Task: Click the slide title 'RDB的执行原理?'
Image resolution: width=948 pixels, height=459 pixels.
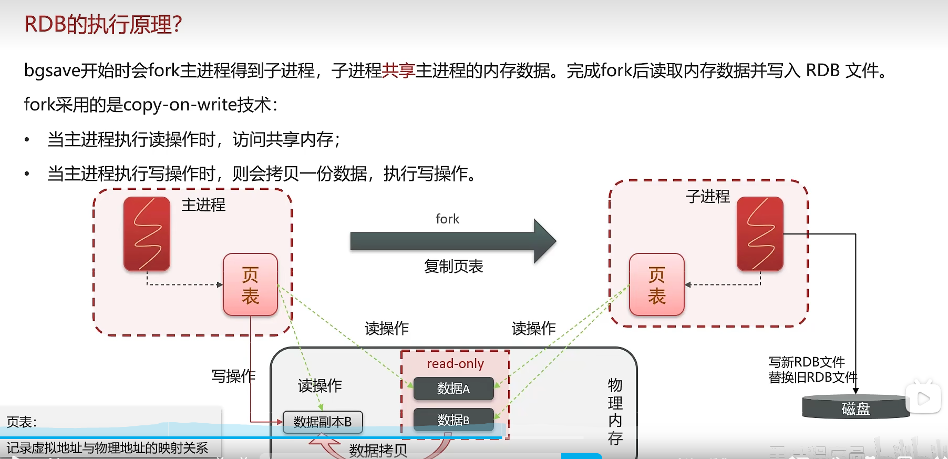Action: pos(103,25)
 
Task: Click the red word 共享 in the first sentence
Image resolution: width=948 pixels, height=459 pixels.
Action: pos(398,70)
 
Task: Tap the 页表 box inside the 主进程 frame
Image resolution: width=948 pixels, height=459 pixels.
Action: pos(250,285)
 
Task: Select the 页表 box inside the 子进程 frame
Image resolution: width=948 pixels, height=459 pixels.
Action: pos(656,285)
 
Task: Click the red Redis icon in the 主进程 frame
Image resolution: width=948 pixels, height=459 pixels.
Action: pos(147,234)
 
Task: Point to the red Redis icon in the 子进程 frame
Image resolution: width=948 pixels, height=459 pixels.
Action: pos(760,234)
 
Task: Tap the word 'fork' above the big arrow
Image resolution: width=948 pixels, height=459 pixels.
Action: pos(447,219)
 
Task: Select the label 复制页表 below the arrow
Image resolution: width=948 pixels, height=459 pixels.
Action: pos(454,267)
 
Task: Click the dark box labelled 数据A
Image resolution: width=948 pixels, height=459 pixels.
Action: pos(454,389)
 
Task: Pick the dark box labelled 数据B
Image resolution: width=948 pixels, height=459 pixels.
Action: pos(454,420)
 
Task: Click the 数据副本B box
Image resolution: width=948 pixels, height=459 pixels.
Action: pos(323,422)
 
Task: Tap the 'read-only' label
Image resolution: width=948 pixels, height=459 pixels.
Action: pos(455,363)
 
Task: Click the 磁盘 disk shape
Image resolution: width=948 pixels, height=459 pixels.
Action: pos(856,408)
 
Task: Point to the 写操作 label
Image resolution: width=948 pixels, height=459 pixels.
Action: pos(233,376)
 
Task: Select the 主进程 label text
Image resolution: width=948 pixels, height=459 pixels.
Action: pos(203,205)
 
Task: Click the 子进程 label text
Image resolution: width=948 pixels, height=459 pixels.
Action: pos(708,197)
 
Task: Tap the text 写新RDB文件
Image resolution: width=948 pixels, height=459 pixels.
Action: pos(807,362)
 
